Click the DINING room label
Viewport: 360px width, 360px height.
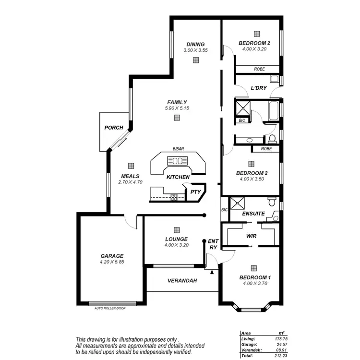[195, 44]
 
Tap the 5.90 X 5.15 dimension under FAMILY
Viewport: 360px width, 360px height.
[177, 108]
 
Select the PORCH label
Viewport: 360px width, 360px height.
[114, 128]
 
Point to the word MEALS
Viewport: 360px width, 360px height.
[130, 176]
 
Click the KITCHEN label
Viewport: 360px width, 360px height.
[178, 178]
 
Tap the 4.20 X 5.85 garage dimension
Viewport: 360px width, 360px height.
[112, 262]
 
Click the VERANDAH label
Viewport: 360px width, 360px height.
[182, 281]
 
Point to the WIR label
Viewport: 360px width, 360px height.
[251, 236]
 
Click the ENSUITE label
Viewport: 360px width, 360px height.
[253, 214]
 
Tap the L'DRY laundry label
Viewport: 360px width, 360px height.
[259, 88]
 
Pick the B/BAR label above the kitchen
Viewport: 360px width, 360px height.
[178, 150]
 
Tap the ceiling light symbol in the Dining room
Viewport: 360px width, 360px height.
[196, 60]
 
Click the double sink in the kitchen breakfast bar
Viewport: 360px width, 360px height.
[178, 161]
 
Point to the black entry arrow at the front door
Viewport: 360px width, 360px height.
[212, 272]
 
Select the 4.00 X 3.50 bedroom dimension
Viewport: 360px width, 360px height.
[252, 179]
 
